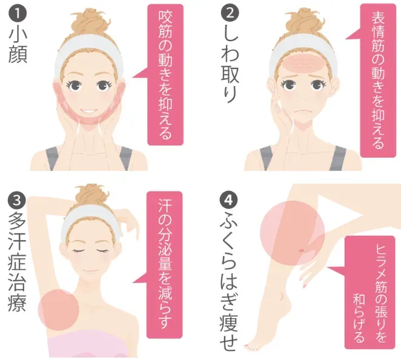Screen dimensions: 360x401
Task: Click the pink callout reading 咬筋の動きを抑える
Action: [166, 75]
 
